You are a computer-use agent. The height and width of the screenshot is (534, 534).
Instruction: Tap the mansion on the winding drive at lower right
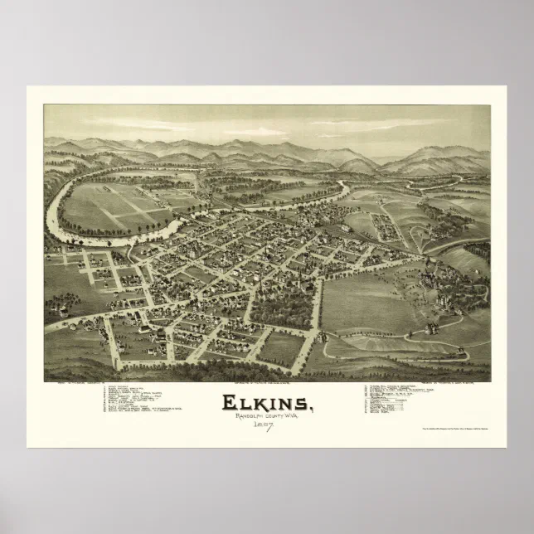point(432,328)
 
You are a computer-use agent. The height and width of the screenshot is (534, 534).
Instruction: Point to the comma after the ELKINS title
point(313,409)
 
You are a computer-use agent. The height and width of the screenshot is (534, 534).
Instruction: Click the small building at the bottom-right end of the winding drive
point(469,358)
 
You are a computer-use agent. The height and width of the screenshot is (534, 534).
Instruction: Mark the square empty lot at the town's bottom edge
point(282,348)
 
